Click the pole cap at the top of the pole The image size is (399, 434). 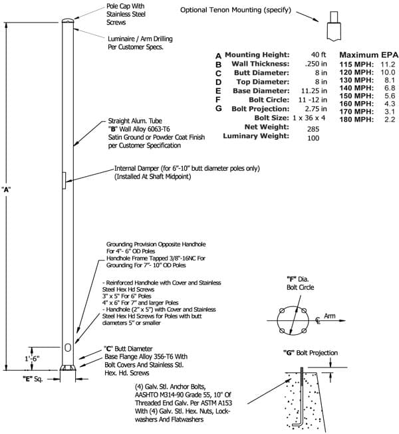(x=68, y=21)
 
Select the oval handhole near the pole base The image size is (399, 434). (x=68, y=348)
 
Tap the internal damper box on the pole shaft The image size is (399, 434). (x=64, y=181)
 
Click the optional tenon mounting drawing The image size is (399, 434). (x=334, y=27)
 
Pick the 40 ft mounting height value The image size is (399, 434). (x=319, y=54)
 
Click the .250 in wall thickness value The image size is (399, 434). (x=316, y=64)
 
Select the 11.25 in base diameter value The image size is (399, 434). (x=314, y=91)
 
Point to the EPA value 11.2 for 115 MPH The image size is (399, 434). (x=388, y=64)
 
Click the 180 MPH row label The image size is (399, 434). (x=356, y=120)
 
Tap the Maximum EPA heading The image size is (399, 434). (x=369, y=54)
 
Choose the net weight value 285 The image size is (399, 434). (x=313, y=129)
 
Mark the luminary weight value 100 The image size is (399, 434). (x=313, y=138)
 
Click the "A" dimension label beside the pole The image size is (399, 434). (x=6, y=190)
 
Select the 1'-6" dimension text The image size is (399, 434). (x=32, y=358)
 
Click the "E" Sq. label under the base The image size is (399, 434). (x=33, y=379)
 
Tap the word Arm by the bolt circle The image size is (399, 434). (x=329, y=316)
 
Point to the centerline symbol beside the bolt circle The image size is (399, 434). (x=318, y=321)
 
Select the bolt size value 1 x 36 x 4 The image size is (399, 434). (x=309, y=118)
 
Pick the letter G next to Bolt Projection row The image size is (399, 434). (x=219, y=109)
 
